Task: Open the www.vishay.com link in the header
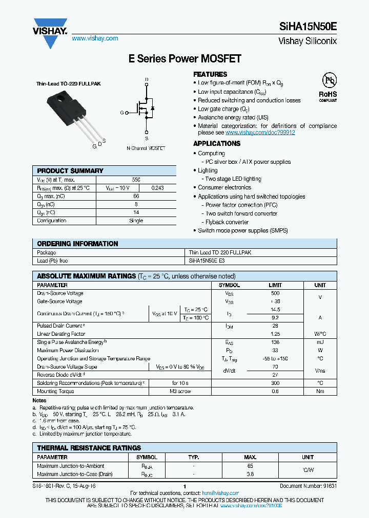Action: tap(95, 38)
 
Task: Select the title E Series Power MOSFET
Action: tap(184, 59)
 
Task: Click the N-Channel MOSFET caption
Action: tap(146, 148)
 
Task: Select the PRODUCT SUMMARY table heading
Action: tap(70, 171)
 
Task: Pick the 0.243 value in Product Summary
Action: tap(158, 188)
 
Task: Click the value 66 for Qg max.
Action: tap(136, 197)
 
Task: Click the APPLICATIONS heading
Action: tap(217, 144)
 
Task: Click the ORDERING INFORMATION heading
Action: tap(77, 244)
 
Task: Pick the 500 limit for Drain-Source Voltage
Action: tap(275, 293)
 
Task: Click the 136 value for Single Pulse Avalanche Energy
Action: tap(275, 342)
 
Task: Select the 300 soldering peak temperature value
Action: tap(275, 383)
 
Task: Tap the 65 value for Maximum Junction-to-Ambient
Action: tap(250, 466)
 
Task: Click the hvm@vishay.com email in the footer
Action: tap(217, 493)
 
